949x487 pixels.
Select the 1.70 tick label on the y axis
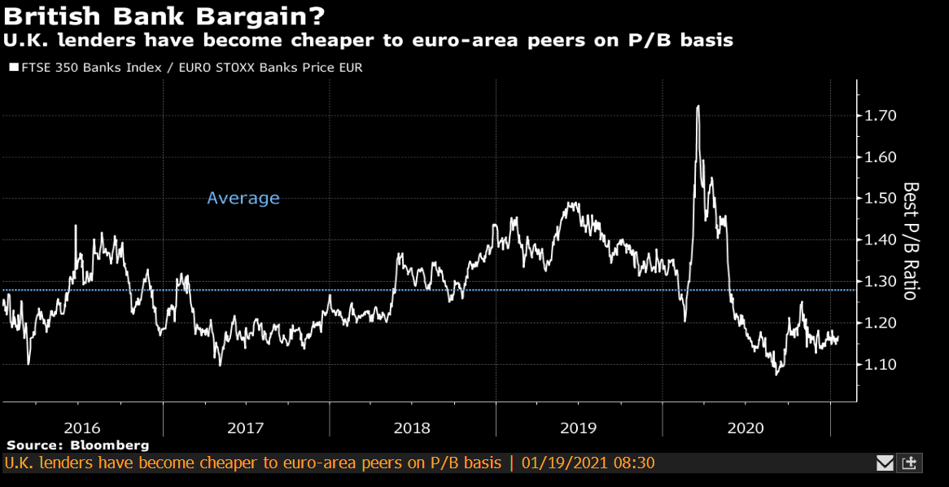click(881, 116)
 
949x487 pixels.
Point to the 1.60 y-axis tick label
click(881, 157)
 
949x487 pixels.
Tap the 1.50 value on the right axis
click(881, 199)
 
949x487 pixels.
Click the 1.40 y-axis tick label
click(881, 240)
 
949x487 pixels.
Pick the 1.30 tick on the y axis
click(881, 282)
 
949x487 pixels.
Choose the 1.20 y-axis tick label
click(881, 323)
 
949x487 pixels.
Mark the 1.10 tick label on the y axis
click(881, 364)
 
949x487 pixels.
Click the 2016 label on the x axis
click(82, 428)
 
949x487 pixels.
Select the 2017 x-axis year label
click(246, 428)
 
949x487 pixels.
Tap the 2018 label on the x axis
click(412, 428)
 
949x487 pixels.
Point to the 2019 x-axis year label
click(578, 428)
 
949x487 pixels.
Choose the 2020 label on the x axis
click(746, 428)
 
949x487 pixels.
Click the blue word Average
click(243, 198)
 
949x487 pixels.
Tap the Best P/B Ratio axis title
click(910, 240)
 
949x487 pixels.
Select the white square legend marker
click(13, 68)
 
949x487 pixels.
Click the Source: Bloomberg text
click(78, 445)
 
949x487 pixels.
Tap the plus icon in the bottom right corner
click(910, 463)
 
